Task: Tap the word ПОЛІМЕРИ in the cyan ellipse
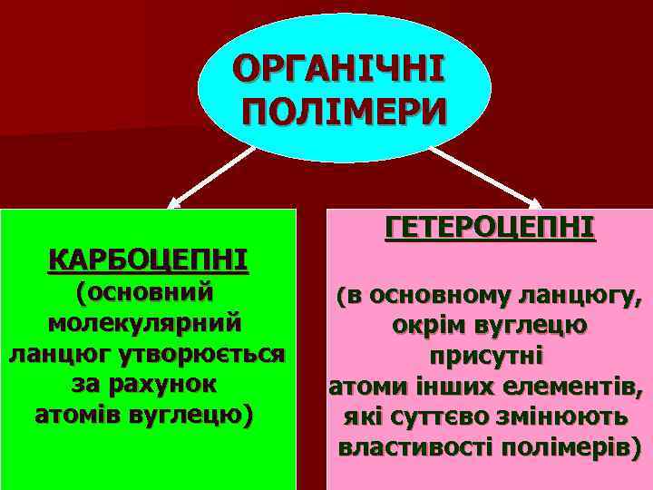click(344, 113)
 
